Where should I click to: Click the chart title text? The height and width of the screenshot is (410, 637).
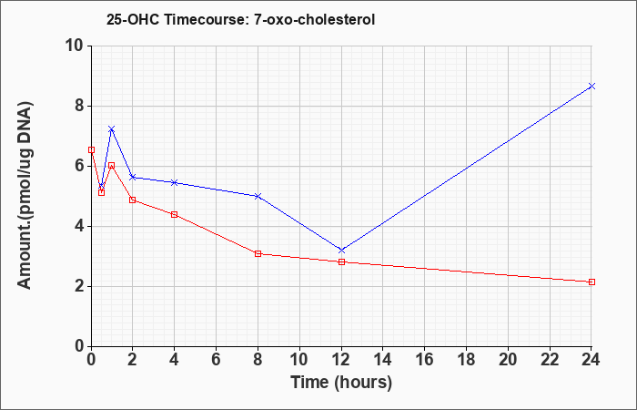(x=240, y=19)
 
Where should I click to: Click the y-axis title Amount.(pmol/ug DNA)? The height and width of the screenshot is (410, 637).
(x=25, y=196)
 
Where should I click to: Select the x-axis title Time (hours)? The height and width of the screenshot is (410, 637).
(x=341, y=383)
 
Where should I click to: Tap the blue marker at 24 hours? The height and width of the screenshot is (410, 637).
(x=591, y=86)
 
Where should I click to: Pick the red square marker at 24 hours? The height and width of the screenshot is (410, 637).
(x=591, y=282)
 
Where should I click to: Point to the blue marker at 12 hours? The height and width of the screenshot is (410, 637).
(x=341, y=251)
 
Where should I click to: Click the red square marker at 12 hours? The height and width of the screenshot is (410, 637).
(x=341, y=262)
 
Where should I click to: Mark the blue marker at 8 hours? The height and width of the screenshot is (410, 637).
(x=258, y=196)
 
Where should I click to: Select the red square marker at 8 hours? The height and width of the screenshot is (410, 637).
(x=258, y=254)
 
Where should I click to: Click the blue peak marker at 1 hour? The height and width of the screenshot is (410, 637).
(x=112, y=129)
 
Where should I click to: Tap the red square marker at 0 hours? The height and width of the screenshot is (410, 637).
(x=91, y=149)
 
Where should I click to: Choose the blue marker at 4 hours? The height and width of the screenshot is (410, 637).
(x=175, y=182)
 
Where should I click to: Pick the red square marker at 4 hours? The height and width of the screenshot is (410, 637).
(x=175, y=214)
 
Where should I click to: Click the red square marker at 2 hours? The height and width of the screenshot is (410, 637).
(x=133, y=200)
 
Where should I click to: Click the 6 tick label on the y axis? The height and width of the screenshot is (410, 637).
(x=80, y=166)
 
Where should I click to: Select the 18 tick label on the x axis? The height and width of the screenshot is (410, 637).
(x=467, y=360)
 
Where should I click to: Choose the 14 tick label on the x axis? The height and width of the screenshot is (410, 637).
(x=383, y=360)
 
